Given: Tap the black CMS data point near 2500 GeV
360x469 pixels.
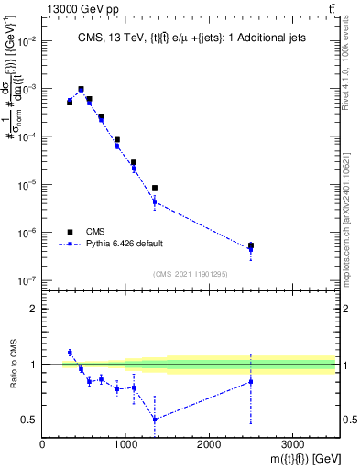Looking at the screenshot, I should coord(251,245).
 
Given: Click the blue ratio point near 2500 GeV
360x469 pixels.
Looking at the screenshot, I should coord(251,381).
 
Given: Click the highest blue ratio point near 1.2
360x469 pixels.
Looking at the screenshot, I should coord(70,353).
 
